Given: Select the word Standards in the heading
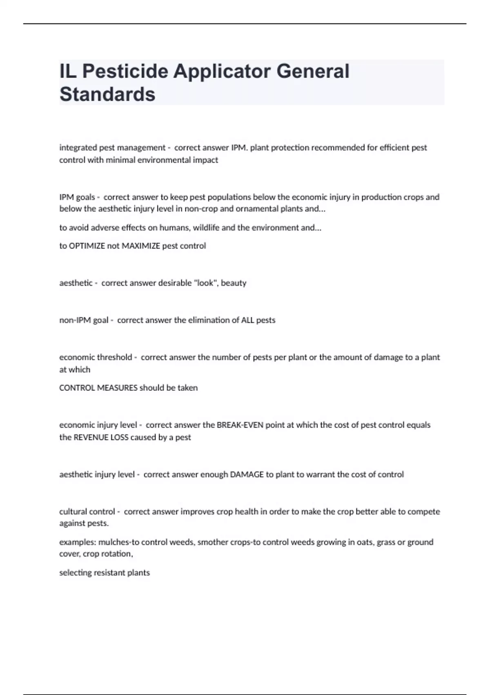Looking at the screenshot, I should (x=107, y=94).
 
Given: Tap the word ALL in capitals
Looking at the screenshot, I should (x=247, y=320).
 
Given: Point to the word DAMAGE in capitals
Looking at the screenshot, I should (x=247, y=474).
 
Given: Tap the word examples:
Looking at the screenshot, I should (x=78, y=542).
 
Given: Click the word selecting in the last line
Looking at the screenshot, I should (x=76, y=572).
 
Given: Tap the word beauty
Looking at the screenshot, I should (x=234, y=283).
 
